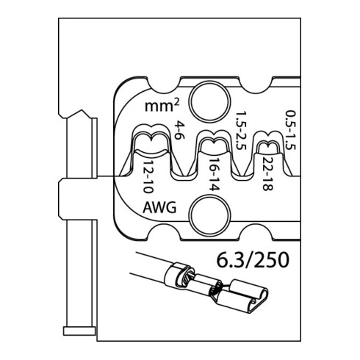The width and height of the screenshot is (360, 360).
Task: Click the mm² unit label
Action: (162, 106)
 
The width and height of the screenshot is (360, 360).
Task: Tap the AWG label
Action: (159, 208)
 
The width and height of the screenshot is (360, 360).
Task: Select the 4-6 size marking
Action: (179, 131)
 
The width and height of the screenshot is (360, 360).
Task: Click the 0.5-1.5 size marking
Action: (291, 130)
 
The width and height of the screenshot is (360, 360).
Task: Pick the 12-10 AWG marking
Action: (148, 177)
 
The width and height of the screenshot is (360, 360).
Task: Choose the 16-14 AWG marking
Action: (213, 175)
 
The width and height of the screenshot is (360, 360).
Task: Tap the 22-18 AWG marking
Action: (267, 173)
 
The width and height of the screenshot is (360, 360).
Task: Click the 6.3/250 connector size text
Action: (253, 260)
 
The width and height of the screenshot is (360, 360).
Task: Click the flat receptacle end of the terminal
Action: (245, 298)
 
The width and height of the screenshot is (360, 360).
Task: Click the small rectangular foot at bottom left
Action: (79, 331)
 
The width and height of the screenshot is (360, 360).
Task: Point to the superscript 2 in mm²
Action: (176, 103)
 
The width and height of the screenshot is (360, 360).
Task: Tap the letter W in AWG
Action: (159, 208)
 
